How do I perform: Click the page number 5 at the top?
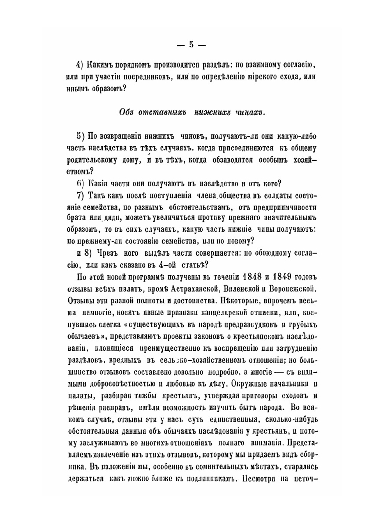(x=191, y=45)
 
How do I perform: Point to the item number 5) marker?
(x=81, y=136)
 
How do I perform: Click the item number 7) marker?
(x=81, y=195)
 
